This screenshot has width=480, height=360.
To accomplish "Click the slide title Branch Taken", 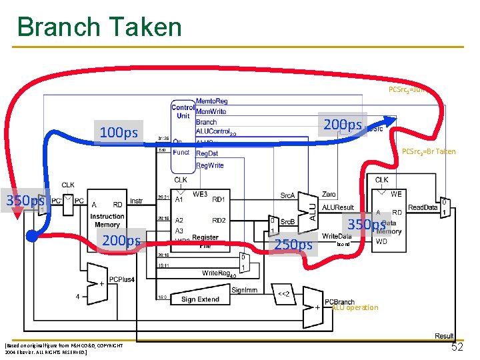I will click(x=99, y=27).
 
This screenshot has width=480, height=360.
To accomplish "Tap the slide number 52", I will click(x=457, y=347).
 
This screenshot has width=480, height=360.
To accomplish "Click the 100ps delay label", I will click(x=118, y=133).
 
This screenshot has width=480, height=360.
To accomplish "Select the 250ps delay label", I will click(x=294, y=245).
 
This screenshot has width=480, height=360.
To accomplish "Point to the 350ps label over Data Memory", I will click(x=367, y=225).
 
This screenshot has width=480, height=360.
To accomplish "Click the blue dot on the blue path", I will click(x=31, y=235).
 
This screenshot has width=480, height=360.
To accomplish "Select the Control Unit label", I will click(x=183, y=111).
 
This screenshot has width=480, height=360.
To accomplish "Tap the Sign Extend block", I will click(x=200, y=299).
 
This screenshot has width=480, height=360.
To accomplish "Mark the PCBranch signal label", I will click(x=339, y=301).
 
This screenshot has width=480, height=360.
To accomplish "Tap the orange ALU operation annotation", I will click(x=355, y=307).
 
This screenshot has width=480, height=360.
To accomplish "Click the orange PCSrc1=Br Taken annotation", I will click(x=429, y=151).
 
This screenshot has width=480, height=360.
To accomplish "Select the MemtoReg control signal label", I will click(x=211, y=101).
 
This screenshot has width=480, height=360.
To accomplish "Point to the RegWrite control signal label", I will click(x=210, y=165).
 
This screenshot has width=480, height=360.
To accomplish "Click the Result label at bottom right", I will click(x=443, y=336).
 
